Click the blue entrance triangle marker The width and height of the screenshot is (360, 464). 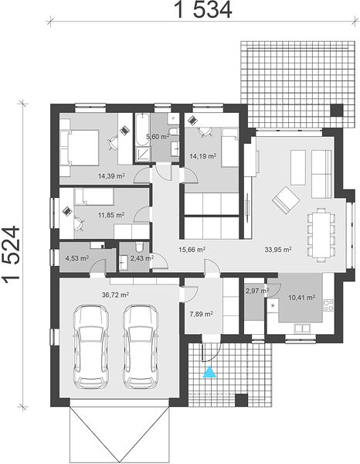(209, 372)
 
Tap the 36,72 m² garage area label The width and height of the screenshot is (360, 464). (115, 295)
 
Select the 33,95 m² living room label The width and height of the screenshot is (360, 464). (278, 250)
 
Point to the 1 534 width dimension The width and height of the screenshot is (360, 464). (204, 10)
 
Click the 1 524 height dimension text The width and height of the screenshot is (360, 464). (11, 254)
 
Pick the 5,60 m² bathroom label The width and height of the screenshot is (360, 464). (158, 137)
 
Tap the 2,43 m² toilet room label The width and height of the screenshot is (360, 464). (142, 258)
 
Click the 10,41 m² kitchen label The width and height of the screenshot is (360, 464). (301, 298)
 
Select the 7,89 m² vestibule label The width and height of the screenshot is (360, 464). (201, 314)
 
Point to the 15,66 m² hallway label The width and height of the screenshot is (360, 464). (192, 250)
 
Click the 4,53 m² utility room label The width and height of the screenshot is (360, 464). (76, 258)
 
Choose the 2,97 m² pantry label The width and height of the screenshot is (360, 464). (257, 291)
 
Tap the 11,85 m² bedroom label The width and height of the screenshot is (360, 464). (111, 215)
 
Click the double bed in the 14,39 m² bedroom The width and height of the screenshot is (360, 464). (80, 148)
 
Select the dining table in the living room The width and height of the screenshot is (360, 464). (321, 235)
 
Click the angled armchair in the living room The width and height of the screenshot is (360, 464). (286, 200)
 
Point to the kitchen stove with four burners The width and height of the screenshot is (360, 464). (328, 305)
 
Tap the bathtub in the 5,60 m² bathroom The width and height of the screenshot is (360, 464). (142, 130)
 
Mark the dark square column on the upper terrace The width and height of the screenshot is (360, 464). (337, 110)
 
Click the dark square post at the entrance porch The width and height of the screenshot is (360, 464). (242, 400)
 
